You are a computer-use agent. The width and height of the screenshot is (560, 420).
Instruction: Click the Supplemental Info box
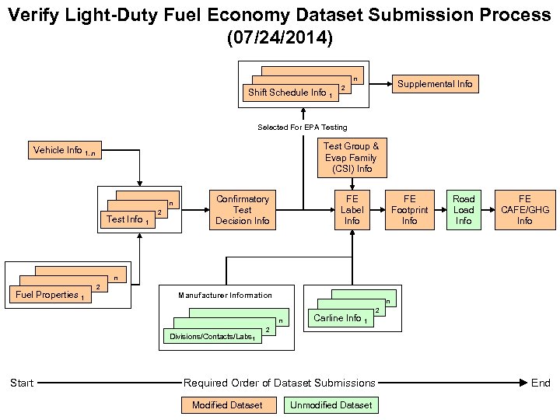pos(435,83)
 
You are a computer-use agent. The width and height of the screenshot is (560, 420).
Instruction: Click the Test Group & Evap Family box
pos(352,157)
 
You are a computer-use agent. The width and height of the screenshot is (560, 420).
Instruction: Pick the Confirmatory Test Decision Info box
pos(243,210)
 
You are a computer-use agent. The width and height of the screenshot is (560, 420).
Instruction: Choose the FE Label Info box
pos(352,210)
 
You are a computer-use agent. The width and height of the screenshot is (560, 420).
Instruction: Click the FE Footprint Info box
pos(409,210)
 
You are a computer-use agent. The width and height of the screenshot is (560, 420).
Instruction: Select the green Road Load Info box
pos(464,210)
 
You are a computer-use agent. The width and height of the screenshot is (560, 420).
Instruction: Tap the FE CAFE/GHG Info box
pos(525,210)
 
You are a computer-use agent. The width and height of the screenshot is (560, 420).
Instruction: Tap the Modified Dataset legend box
pos(227,404)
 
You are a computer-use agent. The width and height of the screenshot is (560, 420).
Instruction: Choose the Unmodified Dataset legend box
pos(331,404)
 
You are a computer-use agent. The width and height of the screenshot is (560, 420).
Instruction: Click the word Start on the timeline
pos(22,383)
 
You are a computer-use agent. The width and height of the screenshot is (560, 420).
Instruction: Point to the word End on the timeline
pos(541,383)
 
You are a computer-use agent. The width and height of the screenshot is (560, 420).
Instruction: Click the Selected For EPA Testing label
pos(303,127)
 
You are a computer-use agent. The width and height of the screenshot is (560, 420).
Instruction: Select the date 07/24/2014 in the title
pos(279,37)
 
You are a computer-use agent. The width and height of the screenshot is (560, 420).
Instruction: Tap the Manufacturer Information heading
pos(225,295)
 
